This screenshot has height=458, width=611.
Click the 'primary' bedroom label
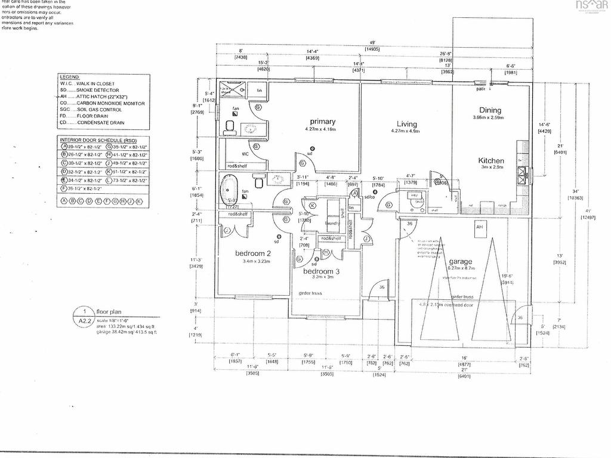pyautogui.click(x=322, y=122)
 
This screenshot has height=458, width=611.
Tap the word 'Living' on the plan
pyautogui.click(x=407, y=124)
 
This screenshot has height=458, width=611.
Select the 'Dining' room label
pyautogui.click(x=490, y=110)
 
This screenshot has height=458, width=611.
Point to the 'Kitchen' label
pyautogui.click(x=491, y=160)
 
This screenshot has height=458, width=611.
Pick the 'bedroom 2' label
pyautogui.click(x=254, y=253)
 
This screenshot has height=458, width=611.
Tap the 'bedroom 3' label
pyautogui.click(x=321, y=272)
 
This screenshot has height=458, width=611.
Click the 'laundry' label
pyautogui.click(x=332, y=224)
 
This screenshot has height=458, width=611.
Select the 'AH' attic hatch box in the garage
pyautogui.click(x=479, y=228)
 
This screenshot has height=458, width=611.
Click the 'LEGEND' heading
pyautogui.click(x=70, y=78)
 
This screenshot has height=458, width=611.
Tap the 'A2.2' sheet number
pyautogui.click(x=85, y=320)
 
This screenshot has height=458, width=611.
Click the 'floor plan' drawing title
pyautogui.click(x=110, y=311)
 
